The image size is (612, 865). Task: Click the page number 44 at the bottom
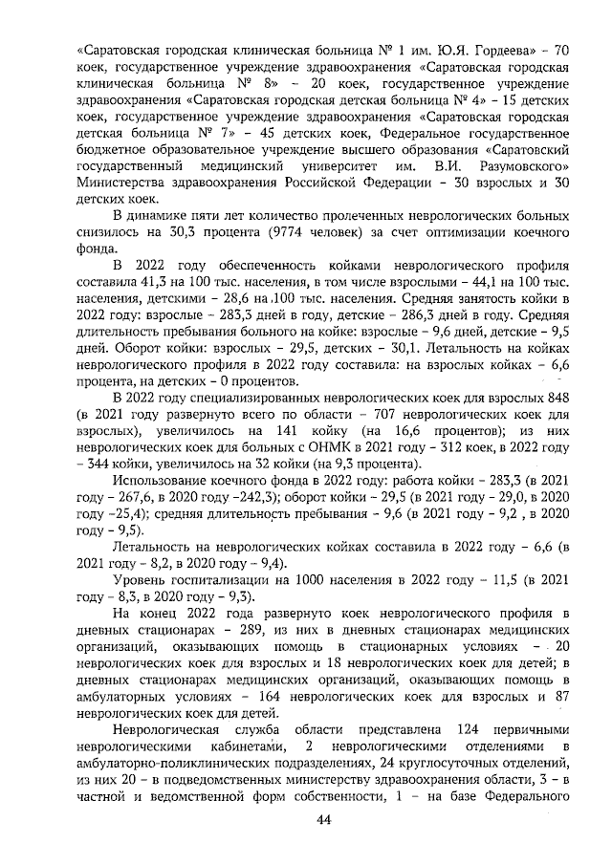323,820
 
